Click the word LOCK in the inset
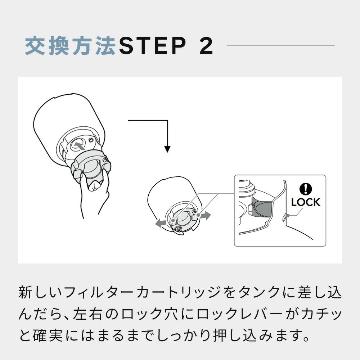tap(305, 202)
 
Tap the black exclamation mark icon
tap(306, 189)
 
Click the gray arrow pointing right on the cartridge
tap(206, 216)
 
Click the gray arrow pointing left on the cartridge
tap(161, 223)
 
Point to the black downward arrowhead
tap(167, 149)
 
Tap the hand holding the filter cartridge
tap(94, 193)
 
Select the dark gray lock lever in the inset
tap(262, 206)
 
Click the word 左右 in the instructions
tap(88, 314)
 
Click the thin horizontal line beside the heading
tap(280, 45)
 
